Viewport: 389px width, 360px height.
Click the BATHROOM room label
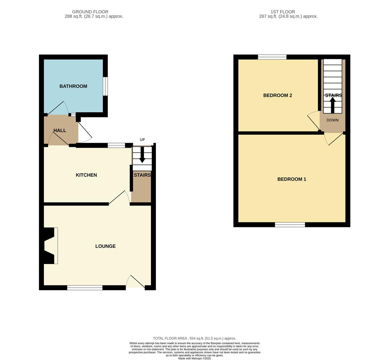(73, 86)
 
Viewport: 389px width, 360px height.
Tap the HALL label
(60, 131)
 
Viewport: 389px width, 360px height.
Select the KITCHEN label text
(86, 175)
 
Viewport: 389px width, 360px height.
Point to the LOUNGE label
(105, 246)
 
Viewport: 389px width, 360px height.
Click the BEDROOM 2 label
(277, 95)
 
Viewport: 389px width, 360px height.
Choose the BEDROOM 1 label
(291, 179)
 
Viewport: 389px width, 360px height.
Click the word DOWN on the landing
(332, 120)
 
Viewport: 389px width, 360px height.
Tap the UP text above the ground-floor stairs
(142, 140)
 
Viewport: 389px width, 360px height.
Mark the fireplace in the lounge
(50, 246)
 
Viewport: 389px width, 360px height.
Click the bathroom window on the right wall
(105, 86)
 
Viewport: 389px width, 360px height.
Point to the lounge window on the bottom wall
(85, 288)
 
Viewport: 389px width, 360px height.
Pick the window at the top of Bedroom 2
(272, 57)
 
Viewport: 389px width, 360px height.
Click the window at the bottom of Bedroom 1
(290, 225)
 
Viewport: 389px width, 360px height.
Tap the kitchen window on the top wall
(116, 145)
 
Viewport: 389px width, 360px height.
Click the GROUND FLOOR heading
(90, 12)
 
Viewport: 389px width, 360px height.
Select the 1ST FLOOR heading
(282, 12)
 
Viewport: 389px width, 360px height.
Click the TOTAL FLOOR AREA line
(194, 338)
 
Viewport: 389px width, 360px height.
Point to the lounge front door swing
(136, 282)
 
